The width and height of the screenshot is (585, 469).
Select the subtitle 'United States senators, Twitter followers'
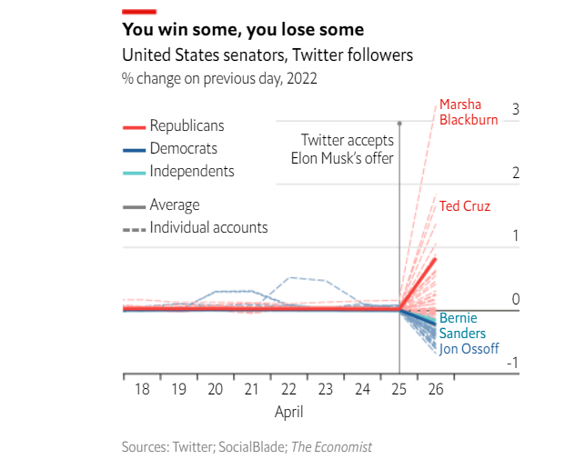pyautogui.click(x=267, y=55)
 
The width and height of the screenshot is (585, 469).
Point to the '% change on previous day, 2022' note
pyautogui.click(x=219, y=78)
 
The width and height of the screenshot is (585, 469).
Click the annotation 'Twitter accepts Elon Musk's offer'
pyautogui.click(x=348, y=149)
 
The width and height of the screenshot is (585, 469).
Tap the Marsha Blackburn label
pyautogui.click(x=469, y=112)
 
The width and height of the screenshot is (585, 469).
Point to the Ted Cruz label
pyautogui.click(x=464, y=206)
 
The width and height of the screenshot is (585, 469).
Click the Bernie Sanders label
pyautogui.click(x=462, y=325)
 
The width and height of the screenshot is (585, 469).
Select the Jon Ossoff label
pyautogui.click(x=469, y=348)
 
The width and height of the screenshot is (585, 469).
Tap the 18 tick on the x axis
pyautogui.click(x=142, y=389)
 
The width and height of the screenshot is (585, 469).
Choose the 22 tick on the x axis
pyautogui.click(x=288, y=389)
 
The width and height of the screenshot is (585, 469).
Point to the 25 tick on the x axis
pyautogui.click(x=398, y=389)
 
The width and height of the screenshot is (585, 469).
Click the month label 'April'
pyautogui.click(x=288, y=412)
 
